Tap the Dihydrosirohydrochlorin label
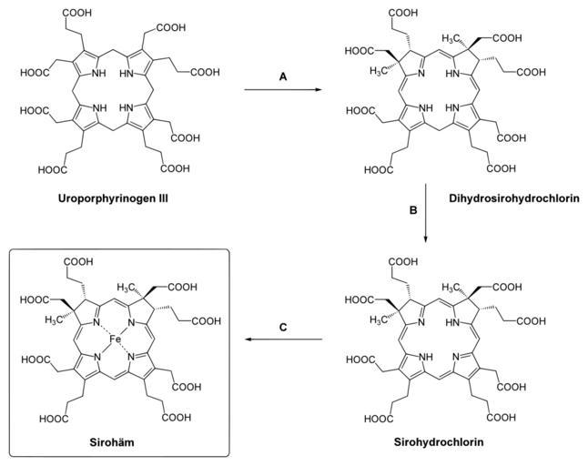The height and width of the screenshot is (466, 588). tap(508, 198)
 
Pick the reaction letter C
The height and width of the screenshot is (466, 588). tap(284, 326)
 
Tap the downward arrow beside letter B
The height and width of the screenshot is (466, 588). tap(425, 218)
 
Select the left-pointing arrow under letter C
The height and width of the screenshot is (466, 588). tap(284, 339)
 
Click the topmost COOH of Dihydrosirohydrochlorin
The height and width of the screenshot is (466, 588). tap(406, 13)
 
